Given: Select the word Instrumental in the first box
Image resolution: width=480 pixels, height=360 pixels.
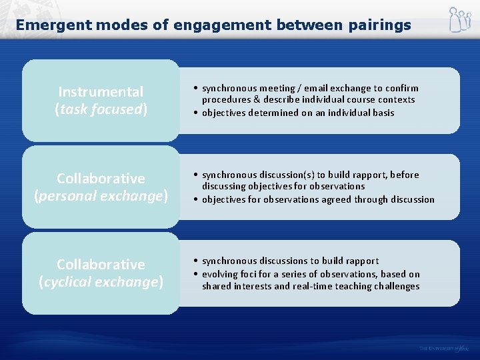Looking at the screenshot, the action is click(101, 92).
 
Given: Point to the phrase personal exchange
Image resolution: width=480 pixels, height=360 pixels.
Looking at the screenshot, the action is click(101, 196).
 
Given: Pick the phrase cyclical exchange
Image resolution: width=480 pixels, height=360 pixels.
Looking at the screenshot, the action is click(101, 282).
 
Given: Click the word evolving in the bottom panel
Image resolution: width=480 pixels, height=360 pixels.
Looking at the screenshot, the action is click(220, 274).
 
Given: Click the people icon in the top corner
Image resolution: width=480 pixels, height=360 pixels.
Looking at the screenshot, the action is click(459, 19).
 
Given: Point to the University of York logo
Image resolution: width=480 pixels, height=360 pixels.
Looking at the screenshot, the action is click(444, 348).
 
